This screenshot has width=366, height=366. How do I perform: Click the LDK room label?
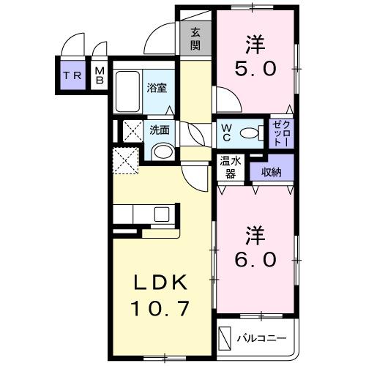163,283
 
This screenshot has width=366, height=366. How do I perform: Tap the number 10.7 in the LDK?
163,307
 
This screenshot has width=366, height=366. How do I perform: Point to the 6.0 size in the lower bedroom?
256,260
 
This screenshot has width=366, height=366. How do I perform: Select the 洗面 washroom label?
160,130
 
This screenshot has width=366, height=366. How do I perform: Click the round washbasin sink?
162,152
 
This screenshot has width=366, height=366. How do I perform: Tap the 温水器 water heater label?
231,168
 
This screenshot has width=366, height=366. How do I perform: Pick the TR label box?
72,75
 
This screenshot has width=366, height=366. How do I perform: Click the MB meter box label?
100,75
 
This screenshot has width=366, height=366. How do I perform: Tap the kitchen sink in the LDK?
162,215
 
